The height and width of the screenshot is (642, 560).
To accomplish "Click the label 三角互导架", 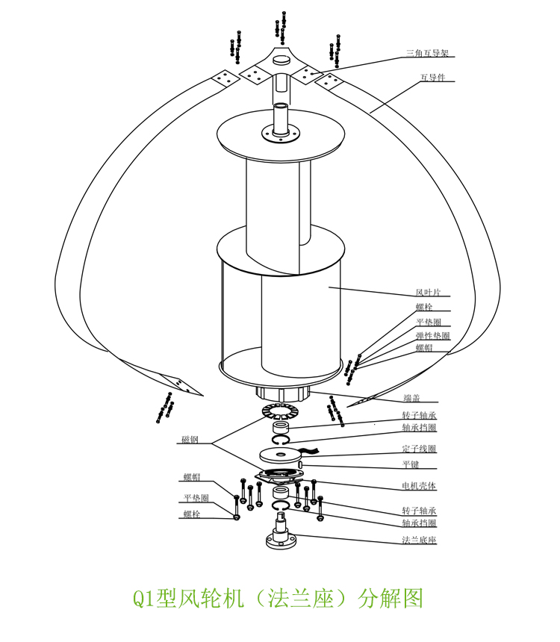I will pos(427,53).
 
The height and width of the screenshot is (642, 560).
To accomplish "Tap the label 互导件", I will pos(432,78).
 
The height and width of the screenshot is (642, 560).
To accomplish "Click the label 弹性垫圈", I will pos(433,335).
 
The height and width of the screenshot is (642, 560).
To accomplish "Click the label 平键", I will pos(410,464).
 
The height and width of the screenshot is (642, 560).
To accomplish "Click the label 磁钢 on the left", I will pos(189,440).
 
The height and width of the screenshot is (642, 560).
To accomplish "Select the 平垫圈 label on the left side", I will pos(196,497).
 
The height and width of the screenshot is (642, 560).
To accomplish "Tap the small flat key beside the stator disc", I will pos(300,464).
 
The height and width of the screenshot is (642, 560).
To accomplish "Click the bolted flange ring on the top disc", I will pos(281,134).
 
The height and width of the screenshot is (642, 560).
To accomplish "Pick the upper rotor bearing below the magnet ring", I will pos(282,428).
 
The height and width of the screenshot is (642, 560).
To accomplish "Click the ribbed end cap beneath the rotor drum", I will pos(282,393).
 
